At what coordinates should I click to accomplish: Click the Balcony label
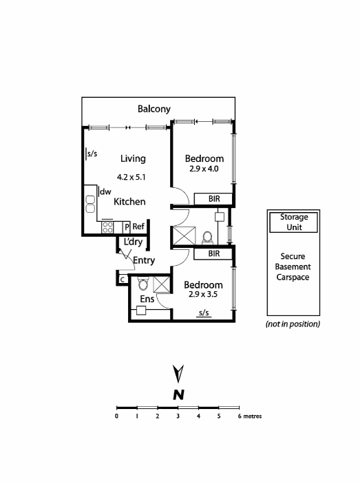coord(154,109)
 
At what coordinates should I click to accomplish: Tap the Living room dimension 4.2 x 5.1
coord(131,177)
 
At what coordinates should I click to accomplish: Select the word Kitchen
coord(129,202)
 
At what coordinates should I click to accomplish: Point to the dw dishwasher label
coord(105,192)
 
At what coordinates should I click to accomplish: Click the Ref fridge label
coord(138,227)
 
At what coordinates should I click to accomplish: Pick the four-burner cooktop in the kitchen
coord(108,227)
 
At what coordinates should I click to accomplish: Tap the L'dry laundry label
coord(133,242)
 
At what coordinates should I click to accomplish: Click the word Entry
coord(144,260)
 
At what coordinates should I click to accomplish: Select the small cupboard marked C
coord(122,280)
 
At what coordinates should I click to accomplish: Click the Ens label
coord(147,300)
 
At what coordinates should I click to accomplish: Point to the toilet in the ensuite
coord(142,284)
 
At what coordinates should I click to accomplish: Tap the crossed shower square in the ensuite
coord(162,285)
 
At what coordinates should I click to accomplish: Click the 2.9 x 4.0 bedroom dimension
coord(203,168)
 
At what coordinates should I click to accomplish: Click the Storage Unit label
coord(294,221)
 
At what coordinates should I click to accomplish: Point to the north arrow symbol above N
coord(178,374)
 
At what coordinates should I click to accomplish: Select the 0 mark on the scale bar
coord(117,417)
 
